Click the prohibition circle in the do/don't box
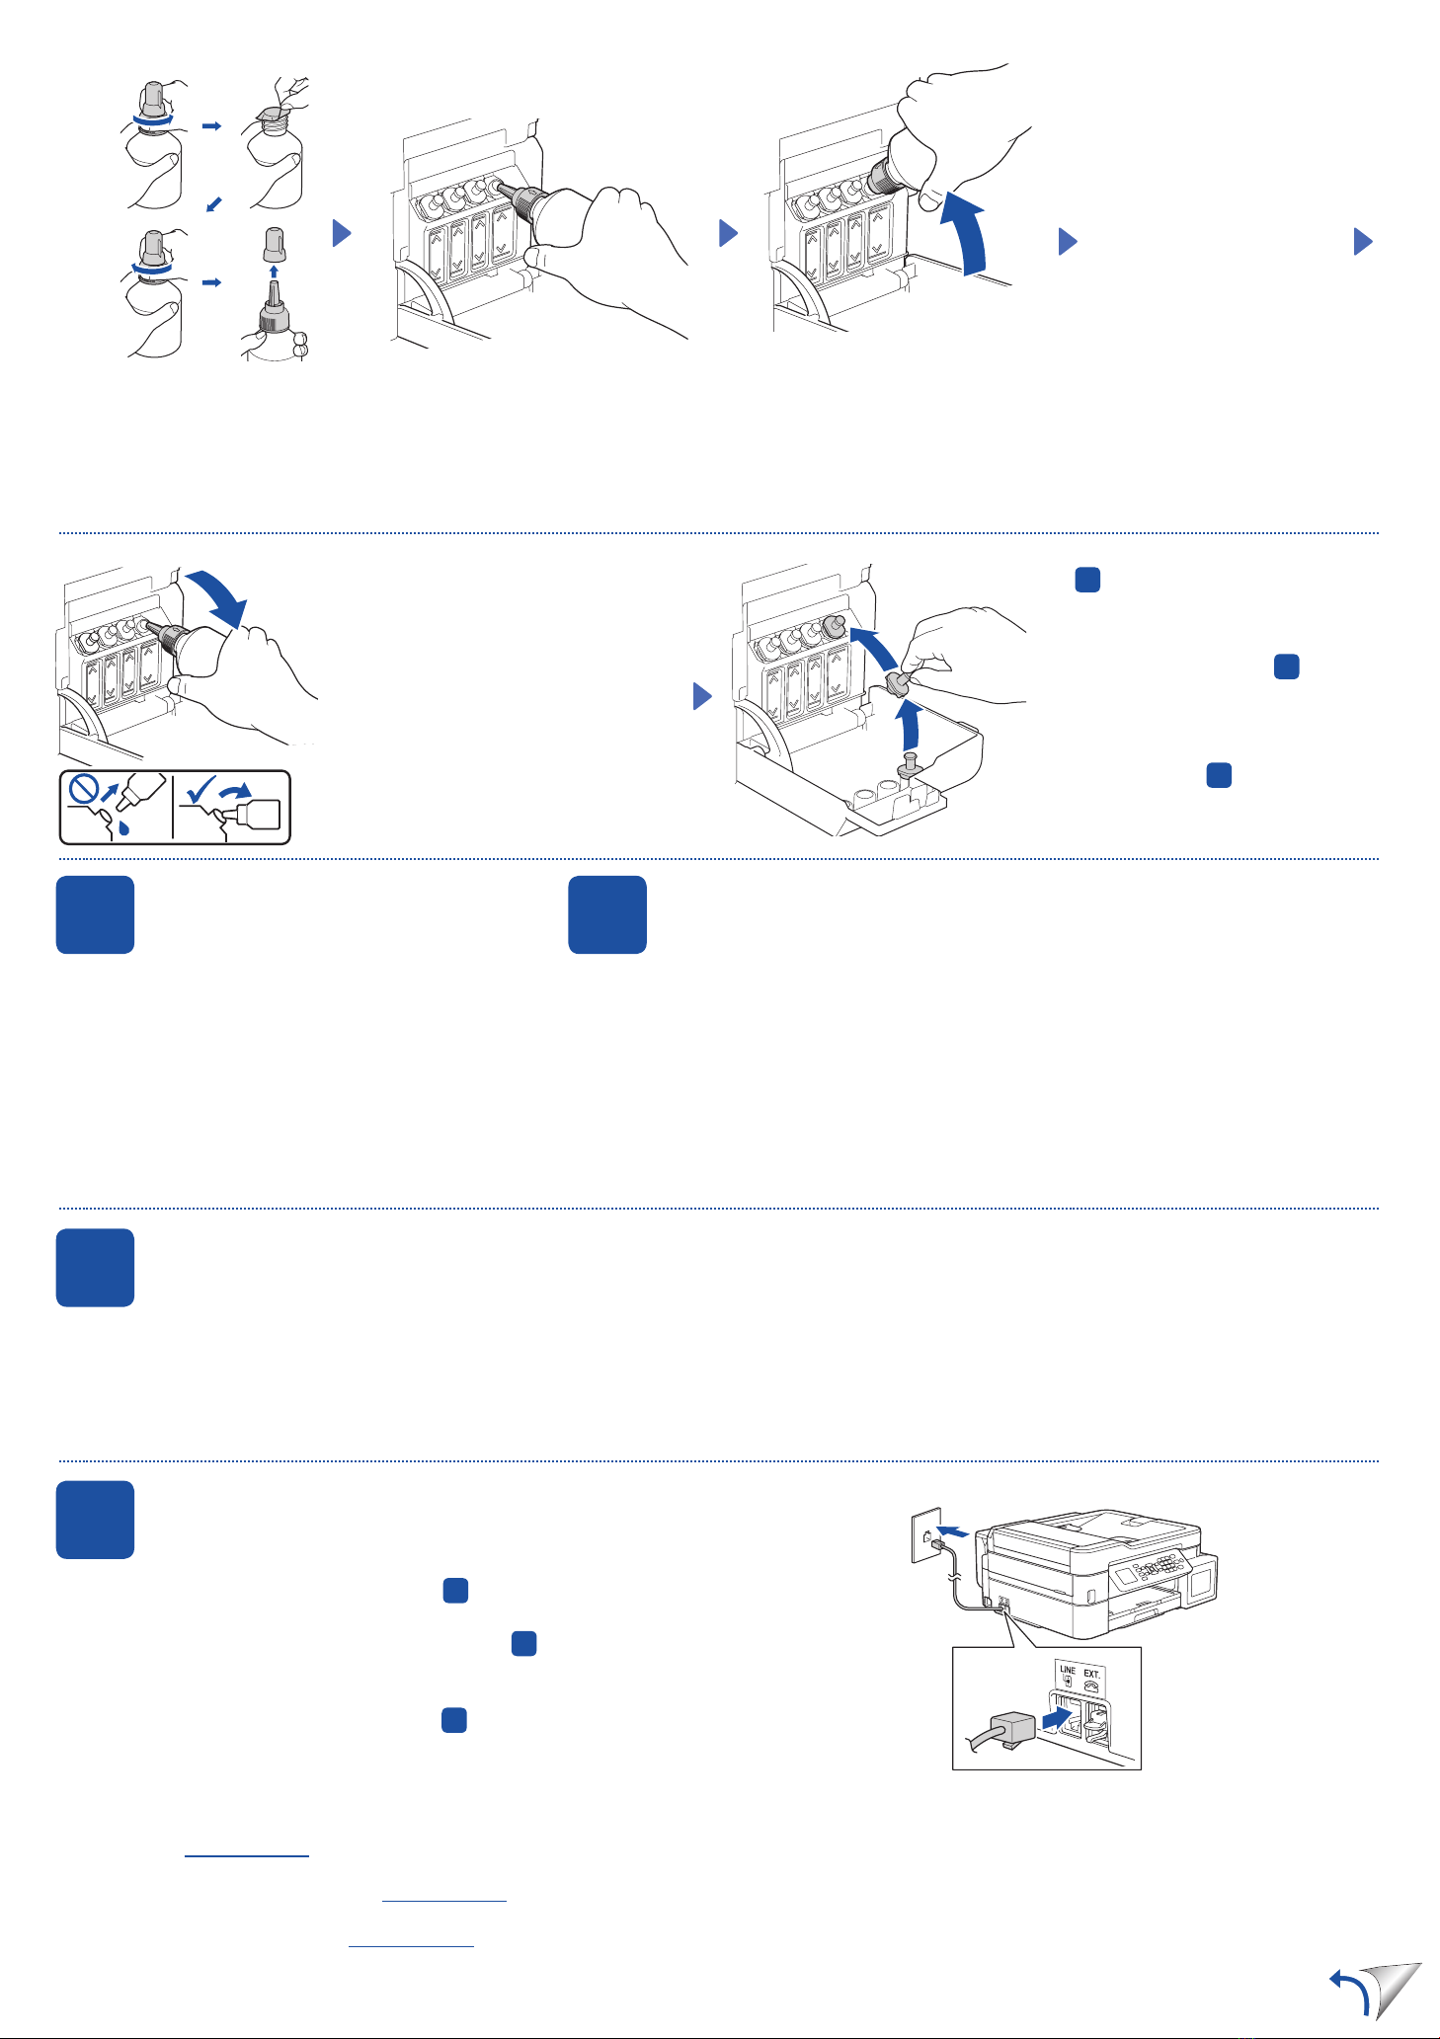[x=85, y=791]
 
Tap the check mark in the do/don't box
[x=200, y=790]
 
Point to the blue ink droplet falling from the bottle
[x=123, y=827]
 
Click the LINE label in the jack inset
[x=1067, y=1670]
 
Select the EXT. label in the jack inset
[x=1091, y=1674]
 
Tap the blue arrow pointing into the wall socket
[x=953, y=1531]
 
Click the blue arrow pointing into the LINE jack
[x=1056, y=1719]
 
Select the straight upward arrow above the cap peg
[x=911, y=725]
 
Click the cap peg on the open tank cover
[x=910, y=764]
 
